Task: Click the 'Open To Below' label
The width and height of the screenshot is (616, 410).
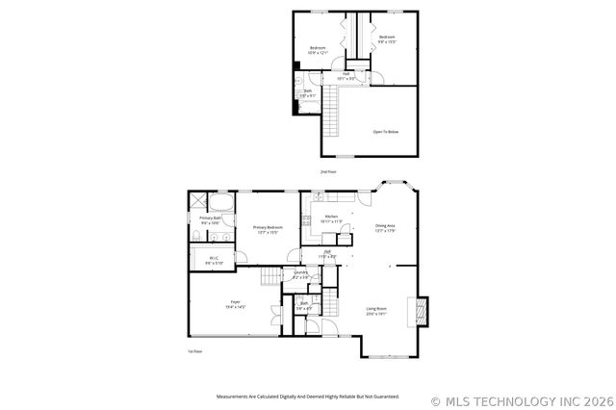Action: click(x=385, y=132)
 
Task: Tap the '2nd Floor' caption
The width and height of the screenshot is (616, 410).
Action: click(x=328, y=171)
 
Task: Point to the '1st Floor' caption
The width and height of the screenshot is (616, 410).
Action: click(x=194, y=351)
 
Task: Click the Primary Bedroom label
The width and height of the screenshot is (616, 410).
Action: click(x=268, y=230)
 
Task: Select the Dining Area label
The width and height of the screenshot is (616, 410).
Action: click(x=385, y=228)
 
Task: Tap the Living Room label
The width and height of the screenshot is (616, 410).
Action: click(x=375, y=311)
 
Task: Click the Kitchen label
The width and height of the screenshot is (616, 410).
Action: click(x=330, y=218)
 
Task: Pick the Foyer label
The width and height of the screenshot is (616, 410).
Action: click(x=235, y=304)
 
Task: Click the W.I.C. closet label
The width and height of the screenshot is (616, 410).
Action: click(x=213, y=260)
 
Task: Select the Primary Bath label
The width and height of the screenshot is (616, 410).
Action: click(x=211, y=220)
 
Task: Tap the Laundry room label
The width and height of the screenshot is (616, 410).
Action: click(x=300, y=275)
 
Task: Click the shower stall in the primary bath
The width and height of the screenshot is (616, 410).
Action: click(x=198, y=201)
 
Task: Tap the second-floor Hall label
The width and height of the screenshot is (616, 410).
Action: click(x=346, y=75)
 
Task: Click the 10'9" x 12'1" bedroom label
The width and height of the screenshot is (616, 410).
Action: click(x=318, y=49)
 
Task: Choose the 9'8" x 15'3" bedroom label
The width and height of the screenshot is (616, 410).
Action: click(x=386, y=39)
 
